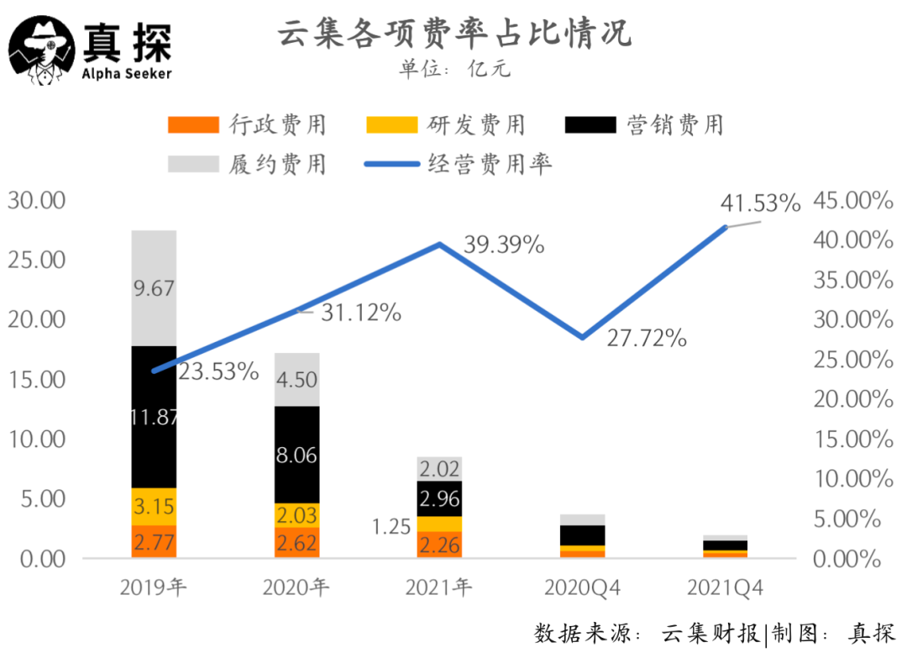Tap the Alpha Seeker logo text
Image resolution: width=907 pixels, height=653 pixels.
point(127,74)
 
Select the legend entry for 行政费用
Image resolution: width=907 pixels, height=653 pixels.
point(247,125)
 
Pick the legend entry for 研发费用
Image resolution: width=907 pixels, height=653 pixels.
point(446,125)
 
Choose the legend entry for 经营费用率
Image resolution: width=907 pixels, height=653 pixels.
point(458,163)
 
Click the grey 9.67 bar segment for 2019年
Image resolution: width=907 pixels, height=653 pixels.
point(154,288)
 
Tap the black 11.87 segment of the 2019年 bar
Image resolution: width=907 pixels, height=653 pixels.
point(154,416)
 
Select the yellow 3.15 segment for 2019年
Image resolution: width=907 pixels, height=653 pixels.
point(154,507)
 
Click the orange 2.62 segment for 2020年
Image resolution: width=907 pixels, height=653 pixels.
point(296,542)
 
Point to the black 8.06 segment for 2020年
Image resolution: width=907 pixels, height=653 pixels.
point(296,455)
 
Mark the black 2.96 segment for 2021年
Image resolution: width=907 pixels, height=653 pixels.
point(439,498)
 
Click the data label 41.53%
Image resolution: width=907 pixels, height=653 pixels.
point(760,203)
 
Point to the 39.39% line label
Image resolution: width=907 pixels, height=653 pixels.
point(504,245)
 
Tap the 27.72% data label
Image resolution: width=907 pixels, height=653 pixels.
point(647,339)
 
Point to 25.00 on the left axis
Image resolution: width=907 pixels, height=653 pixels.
point(35,260)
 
